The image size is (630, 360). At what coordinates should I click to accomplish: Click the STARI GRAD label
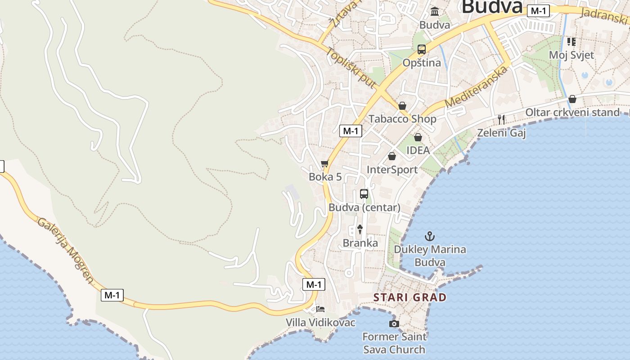coord(410,297)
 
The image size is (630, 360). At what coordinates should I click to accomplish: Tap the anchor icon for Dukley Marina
coord(430,236)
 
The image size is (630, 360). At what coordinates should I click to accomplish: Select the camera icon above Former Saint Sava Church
coord(394,324)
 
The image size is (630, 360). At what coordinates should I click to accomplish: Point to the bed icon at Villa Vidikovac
coord(320,309)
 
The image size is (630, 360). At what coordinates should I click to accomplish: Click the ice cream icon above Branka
coord(360,229)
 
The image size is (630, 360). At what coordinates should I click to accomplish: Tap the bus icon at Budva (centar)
coord(364,194)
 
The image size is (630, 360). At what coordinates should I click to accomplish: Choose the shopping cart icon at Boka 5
coord(325,164)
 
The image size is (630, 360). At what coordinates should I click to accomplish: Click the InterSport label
coord(392,170)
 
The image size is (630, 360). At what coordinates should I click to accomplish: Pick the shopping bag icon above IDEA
coord(418,137)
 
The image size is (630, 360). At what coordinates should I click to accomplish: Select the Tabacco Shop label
coord(402,119)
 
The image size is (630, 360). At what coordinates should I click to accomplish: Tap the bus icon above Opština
coord(422,49)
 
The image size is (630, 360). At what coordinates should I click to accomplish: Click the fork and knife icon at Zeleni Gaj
coord(501,119)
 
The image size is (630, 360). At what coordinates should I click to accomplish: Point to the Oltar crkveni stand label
coord(572,112)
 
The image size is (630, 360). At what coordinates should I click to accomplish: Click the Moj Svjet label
coord(571,55)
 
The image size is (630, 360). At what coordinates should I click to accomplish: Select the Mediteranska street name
coord(477,86)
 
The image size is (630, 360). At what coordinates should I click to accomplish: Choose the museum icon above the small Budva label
coord(435,11)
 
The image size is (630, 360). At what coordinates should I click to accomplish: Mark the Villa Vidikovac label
coord(320,323)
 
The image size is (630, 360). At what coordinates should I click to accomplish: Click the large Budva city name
coord(492,7)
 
